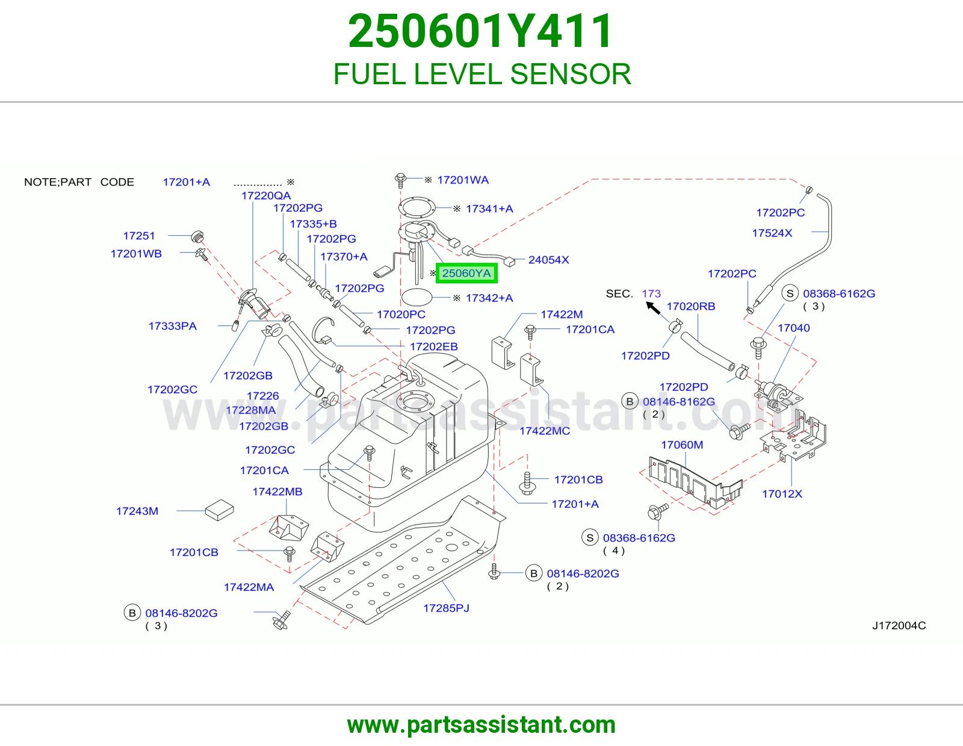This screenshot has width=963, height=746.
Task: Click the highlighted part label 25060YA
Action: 466,273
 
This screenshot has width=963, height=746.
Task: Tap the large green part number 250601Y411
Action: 481,31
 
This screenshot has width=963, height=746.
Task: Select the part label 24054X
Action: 548,259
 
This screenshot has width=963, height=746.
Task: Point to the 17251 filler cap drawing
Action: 197,237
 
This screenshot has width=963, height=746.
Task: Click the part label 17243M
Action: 137,511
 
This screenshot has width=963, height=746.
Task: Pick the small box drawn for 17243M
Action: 219,510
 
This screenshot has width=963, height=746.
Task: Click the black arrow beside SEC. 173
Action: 653,307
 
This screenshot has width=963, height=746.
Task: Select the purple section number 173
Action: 651,293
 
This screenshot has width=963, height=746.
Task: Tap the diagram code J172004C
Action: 899,625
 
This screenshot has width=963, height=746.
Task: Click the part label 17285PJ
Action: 446,608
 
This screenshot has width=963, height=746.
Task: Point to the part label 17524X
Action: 772,233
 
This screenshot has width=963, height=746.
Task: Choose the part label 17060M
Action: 681,445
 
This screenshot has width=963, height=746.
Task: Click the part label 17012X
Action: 782,493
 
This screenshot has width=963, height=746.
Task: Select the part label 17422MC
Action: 544,431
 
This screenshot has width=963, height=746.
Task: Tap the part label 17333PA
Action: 172,326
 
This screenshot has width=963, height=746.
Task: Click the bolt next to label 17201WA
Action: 400,180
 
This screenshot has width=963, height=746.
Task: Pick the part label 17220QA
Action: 266,196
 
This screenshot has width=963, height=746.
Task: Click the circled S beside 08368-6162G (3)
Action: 790,293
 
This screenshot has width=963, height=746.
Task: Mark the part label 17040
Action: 793,328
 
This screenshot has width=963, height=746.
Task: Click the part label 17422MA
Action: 249,587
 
